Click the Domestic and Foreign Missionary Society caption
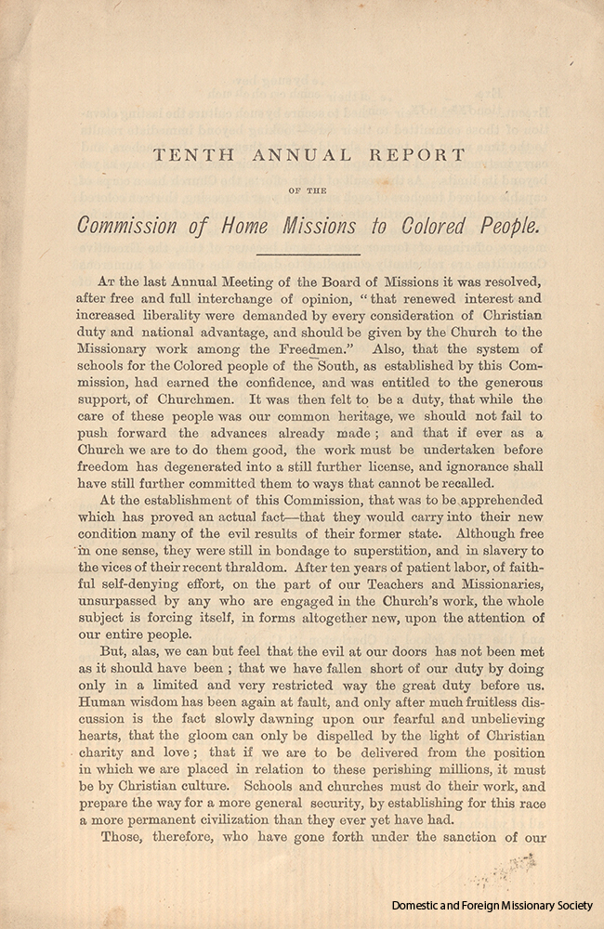tap(492, 905)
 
